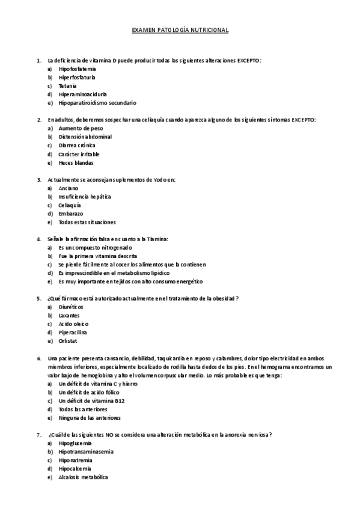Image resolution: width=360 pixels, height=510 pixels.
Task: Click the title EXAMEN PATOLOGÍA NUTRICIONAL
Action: (180, 29)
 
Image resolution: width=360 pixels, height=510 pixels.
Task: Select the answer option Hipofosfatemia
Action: (78, 69)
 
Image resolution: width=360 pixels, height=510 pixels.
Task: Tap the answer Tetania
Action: (68, 86)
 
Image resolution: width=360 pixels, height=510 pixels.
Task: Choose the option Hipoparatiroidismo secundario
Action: (97, 103)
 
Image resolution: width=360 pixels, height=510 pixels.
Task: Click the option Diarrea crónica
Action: (77, 145)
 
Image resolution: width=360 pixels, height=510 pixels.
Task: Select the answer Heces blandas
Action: (76, 162)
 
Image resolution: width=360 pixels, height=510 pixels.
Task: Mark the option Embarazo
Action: (71, 214)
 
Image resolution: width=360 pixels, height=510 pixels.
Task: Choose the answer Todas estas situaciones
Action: (87, 222)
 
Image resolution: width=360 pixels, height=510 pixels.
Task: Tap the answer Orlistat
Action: (69, 341)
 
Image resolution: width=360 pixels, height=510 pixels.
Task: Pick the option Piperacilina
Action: (73, 332)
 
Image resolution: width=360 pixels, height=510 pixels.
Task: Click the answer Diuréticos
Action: (72, 307)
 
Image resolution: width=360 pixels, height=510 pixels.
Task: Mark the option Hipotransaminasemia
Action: (86, 451)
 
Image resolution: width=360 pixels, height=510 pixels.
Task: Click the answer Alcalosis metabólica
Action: (83, 477)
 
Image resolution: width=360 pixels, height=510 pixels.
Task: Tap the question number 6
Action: (39, 358)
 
